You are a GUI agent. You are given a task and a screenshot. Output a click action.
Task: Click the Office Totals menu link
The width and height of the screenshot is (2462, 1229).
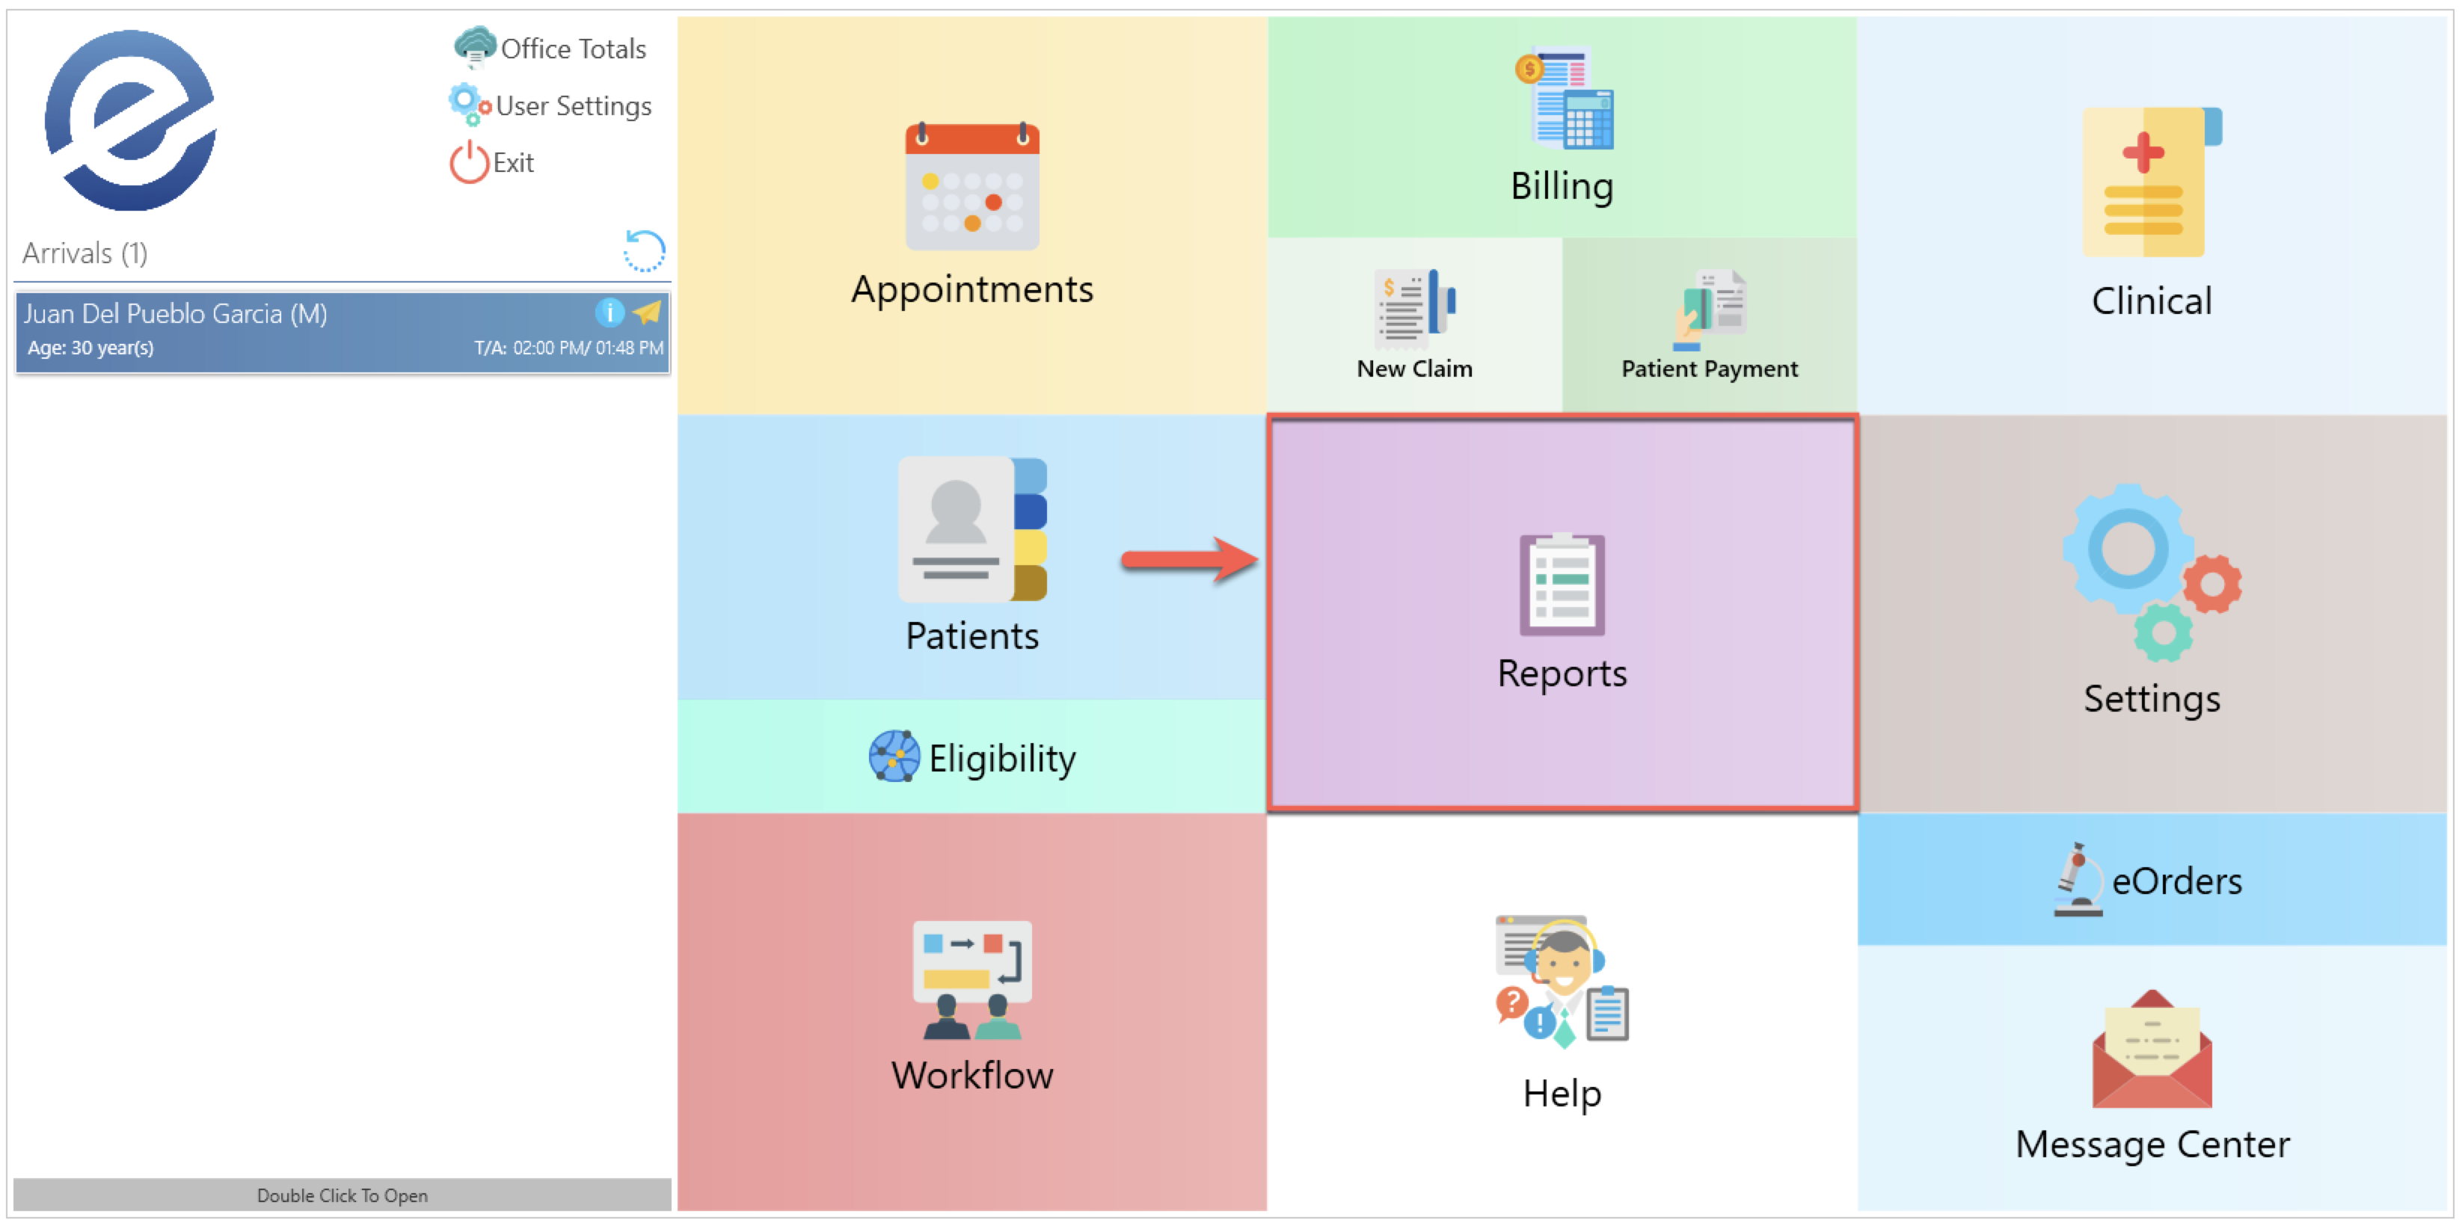click(x=572, y=49)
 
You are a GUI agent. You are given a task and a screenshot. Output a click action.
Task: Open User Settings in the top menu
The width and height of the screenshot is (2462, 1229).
click(x=572, y=106)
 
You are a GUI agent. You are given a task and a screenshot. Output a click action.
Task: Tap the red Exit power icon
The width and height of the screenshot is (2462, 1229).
click(x=468, y=162)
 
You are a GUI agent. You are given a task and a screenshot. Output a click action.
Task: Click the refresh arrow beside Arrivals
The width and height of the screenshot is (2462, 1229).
click(x=644, y=251)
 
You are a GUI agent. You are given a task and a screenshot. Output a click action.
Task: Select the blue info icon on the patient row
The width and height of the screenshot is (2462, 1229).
click(x=610, y=312)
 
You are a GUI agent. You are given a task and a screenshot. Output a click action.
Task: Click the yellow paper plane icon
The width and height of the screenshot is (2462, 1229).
click(x=648, y=312)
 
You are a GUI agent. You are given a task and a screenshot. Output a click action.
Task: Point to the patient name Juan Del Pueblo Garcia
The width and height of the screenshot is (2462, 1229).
click(x=175, y=313)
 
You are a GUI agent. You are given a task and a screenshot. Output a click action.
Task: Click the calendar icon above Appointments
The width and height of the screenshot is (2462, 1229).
click(x=972, y=186)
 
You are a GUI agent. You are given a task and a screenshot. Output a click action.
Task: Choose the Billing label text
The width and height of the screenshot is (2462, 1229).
click(x=1562, y=186)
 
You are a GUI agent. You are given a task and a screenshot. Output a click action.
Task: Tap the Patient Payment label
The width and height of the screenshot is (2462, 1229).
click(x=1709, y=369)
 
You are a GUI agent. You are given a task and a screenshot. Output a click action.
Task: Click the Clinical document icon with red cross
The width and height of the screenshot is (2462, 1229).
click(x=2150, y=182)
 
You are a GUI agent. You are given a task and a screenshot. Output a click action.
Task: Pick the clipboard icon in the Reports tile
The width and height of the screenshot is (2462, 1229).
click(x=1562, y=584)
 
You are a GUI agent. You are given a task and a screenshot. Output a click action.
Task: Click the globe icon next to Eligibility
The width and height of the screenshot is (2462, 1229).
click(x=894, y=757)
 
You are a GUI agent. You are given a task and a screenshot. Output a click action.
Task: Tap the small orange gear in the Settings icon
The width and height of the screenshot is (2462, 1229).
click(x=2211, y=584)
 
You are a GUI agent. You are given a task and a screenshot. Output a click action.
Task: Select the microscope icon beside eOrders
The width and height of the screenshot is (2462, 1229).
click(x=2077, y=879)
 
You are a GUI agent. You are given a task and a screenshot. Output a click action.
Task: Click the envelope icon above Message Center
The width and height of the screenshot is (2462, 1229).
click(x=2152, y=1050)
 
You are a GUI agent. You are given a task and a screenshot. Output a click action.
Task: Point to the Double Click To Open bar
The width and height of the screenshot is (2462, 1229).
click(x=343, y=1195)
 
